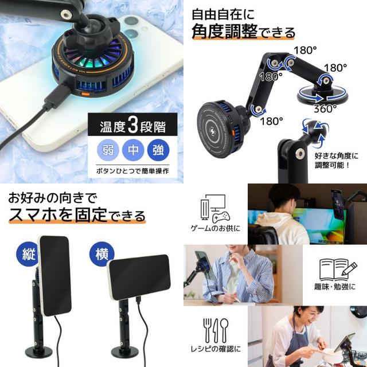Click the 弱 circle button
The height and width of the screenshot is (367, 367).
(x=108, y=150)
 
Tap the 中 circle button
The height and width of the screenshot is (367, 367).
(x=133, y=150)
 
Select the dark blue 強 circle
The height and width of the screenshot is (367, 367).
(x=158, y=150)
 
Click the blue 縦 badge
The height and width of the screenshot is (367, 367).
(x=28, y=253)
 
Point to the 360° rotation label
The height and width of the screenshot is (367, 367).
(x=325, y=108)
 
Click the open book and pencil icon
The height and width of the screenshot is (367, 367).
(x=338, y=270)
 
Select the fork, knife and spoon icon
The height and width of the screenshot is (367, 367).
(x=216, y=330)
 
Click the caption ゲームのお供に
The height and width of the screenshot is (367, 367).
(x=216, y=228)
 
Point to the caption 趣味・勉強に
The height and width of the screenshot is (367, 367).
(x=335, y=287)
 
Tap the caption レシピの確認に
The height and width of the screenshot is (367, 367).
(x=216, y=349)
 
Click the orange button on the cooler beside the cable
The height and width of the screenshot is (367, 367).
(x=84, y=94)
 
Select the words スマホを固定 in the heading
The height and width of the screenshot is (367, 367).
(x=57, y=214)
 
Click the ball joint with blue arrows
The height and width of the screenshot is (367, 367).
(x=315, y=132)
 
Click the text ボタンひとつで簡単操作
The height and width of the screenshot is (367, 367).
(x=132, y=171)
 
